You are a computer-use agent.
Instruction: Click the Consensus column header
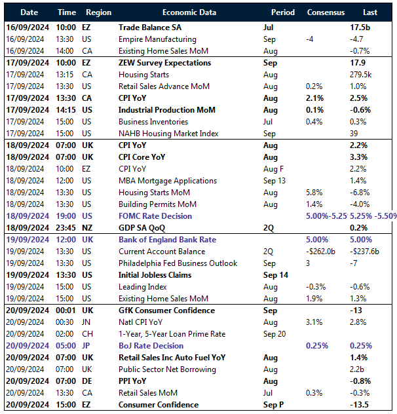(x=326, y=12)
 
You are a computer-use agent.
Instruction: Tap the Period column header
(x=282, y=12)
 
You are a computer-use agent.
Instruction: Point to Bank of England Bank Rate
(x=167, y=240)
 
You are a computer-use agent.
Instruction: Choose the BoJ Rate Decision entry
(x=151, y=346)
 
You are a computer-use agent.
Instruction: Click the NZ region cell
(x=88, y=228)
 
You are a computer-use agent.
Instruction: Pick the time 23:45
(x=66, y=228)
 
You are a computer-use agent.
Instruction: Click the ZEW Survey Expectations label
(x=164, y=63)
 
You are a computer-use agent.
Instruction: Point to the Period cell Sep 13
(x=276, y=181)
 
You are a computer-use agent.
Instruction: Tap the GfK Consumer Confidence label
(x=166, y=310)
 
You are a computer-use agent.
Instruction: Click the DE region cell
(x=88, y=381)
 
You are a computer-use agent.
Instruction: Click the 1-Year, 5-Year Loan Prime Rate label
(x=172, y=334)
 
